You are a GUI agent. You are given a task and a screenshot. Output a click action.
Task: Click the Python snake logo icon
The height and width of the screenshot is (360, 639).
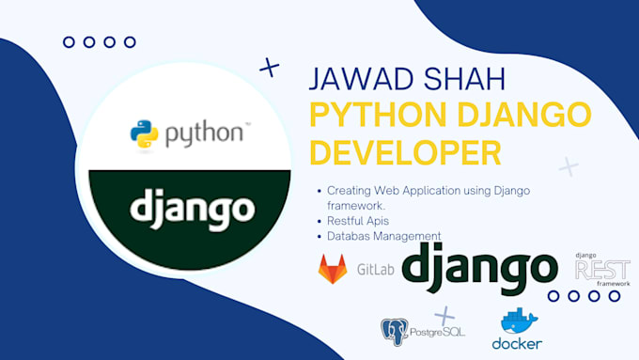tap(146, 133)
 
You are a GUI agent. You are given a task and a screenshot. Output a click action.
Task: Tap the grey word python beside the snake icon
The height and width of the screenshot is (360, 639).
tap(204, 134)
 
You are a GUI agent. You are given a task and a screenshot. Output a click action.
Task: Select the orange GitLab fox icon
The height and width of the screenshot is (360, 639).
tap(333, 269)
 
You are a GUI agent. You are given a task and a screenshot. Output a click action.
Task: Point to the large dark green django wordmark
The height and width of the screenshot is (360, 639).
tap(479, 267)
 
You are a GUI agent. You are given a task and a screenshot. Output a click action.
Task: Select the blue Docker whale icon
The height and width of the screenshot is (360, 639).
tap(518, 321)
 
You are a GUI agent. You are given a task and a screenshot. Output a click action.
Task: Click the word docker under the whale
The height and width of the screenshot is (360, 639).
tap(517, 344)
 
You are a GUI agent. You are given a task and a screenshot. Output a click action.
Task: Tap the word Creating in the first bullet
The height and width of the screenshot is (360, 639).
tap(350, 191)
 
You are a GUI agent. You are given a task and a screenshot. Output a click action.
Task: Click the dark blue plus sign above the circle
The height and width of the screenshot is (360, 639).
tap(270, 67)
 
